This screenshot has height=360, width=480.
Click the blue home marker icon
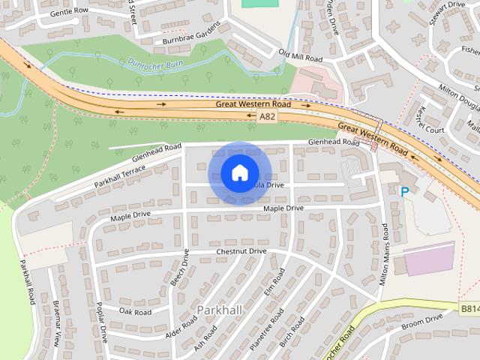click(x=239, y=172)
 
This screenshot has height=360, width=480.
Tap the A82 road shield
click(x=267, y=117)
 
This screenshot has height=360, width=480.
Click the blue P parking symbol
click(x=405, y=192)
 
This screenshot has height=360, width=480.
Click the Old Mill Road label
click(x=300, y=55)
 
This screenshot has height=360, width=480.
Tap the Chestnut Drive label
click(x=241, y=251)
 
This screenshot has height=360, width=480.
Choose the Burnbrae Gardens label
click(x=187, y=35)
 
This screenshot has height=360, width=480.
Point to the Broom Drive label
click(x=423, y=321)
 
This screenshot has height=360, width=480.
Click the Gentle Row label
click(x=68, y=12)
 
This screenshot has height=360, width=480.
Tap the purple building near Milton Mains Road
click(x=429, y=259)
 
